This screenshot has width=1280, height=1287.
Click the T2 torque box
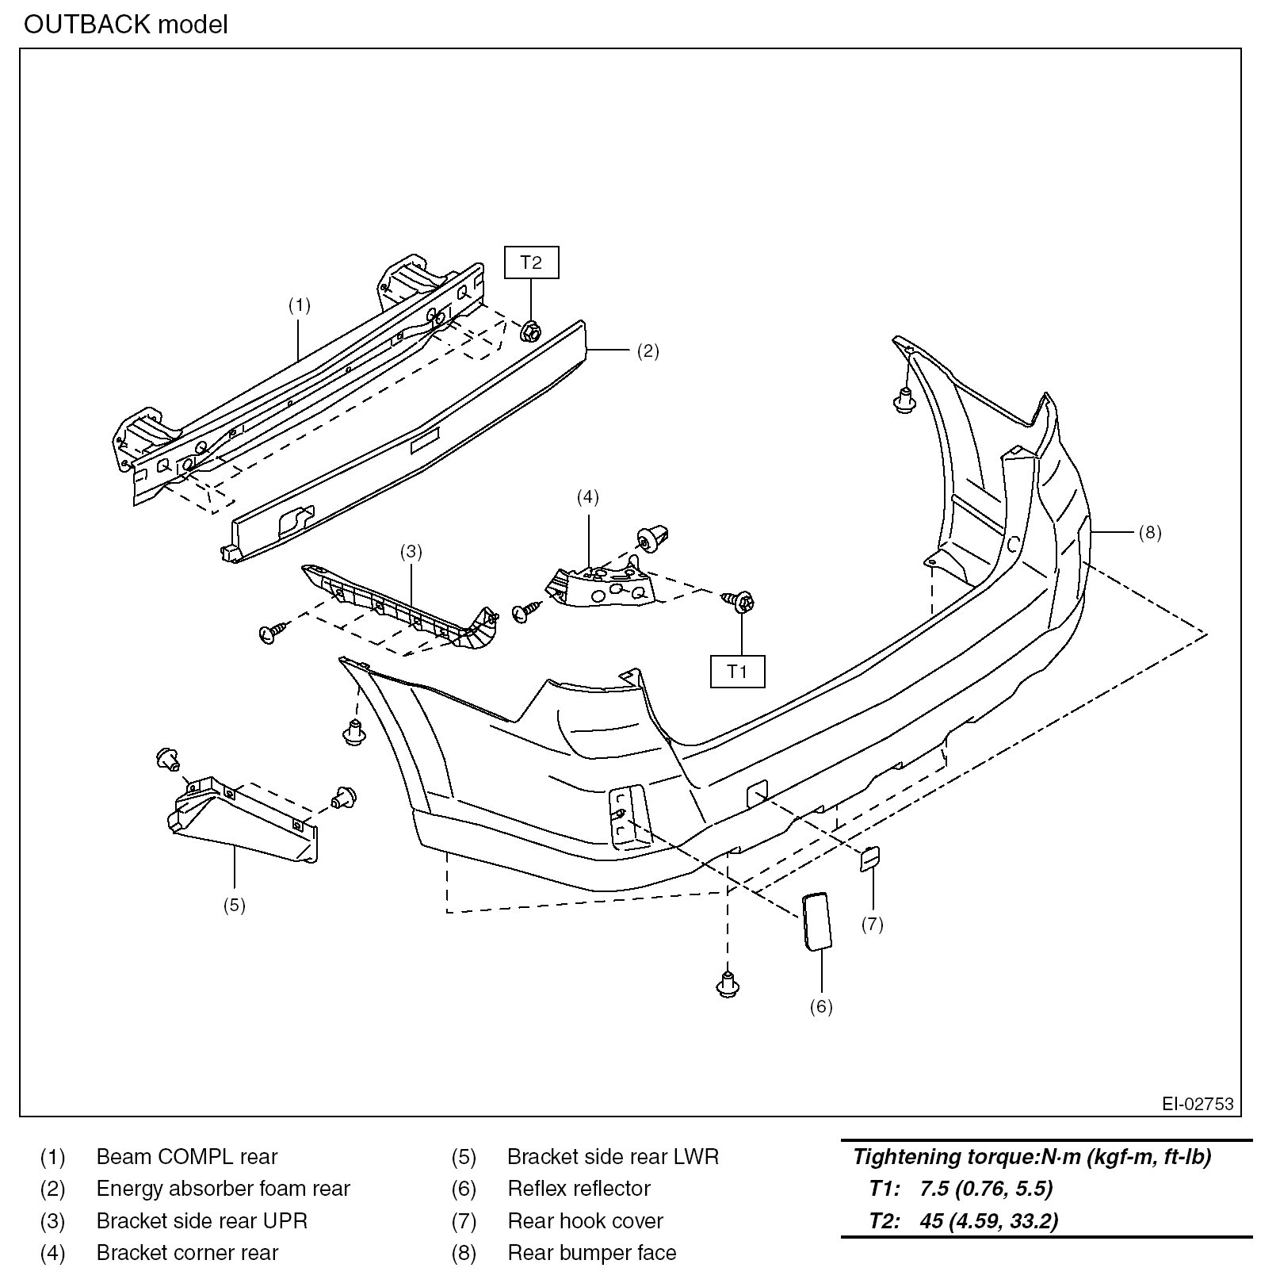point(531,262)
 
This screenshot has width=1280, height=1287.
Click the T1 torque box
point(737,672)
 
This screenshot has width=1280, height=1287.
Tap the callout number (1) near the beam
point(299,305)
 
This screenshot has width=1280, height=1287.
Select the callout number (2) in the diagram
point(648,351)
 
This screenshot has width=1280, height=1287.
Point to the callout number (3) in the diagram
point(411,551)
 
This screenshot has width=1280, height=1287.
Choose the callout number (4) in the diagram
point(587,497)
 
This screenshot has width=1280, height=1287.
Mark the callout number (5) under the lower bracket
point(234,906)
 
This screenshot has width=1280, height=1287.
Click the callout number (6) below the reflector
point(820,1006)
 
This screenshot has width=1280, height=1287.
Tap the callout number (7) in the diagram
point(872,924)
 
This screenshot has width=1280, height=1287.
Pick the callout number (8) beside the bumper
point(1149,532)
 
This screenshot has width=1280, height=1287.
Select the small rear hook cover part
point(870,858)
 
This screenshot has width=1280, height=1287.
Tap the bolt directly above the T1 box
point(743,602)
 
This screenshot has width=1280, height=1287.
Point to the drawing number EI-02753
point(1198,1104)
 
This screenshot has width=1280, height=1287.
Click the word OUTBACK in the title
point(87,25)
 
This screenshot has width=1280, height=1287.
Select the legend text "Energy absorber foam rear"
point(223,1189)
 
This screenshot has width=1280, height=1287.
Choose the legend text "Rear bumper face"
point(592,1253)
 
